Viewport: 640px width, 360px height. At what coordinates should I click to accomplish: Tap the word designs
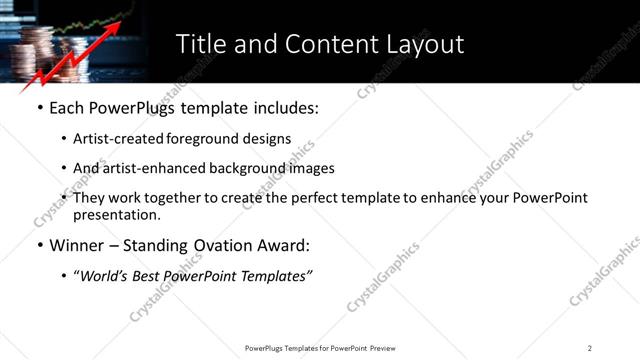coord(267,140)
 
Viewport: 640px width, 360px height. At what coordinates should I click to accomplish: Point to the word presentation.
coord(116,215)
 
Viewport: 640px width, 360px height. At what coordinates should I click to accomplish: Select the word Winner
coord(79,246)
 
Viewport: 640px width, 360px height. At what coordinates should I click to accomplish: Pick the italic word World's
coord(107,277)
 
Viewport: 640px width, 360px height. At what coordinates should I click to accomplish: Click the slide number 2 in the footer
coord(590,348)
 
